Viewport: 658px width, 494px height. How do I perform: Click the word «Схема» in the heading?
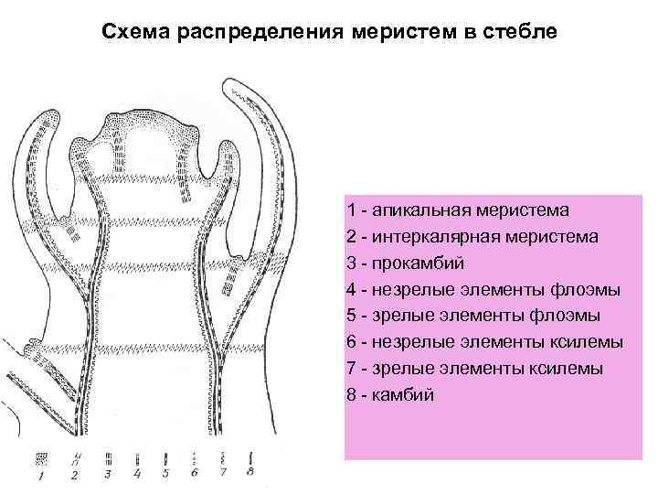133,33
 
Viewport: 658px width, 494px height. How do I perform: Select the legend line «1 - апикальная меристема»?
457,209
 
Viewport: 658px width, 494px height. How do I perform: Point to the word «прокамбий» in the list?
419,263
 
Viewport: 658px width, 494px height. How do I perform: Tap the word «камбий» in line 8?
403,395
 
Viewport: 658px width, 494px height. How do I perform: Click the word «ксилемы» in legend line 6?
589,342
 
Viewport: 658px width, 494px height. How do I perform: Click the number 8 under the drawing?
251,473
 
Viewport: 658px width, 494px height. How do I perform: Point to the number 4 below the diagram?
136,474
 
